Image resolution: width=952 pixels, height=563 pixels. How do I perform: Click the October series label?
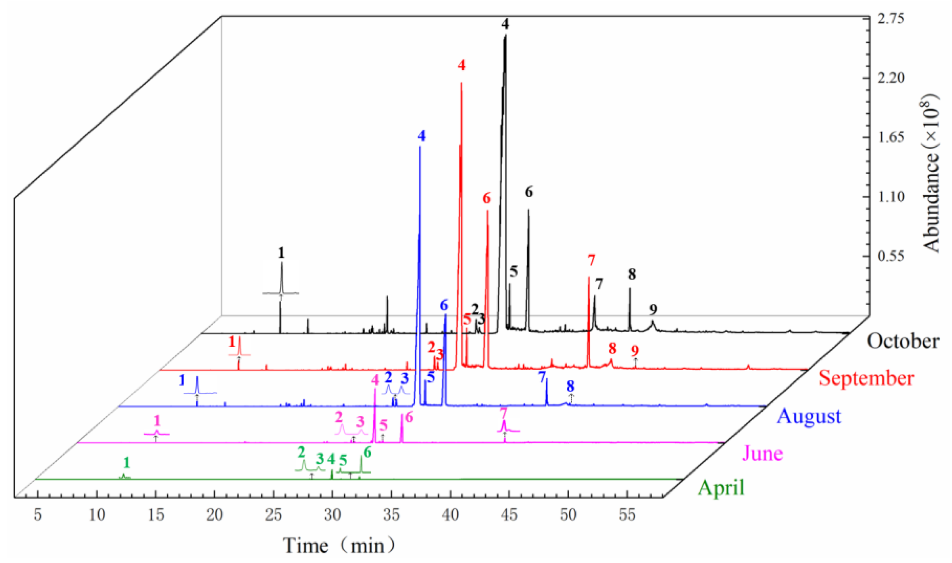902,341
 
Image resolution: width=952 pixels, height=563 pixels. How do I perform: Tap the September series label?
866,378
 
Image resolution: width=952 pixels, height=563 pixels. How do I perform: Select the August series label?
809,416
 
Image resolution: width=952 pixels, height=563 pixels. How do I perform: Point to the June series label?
762,453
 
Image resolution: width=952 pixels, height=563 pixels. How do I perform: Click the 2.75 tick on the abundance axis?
891,18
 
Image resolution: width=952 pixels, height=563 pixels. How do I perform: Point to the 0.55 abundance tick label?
891,256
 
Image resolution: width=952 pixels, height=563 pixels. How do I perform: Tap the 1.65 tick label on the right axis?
891,137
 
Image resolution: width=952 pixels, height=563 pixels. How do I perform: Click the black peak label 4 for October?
505,24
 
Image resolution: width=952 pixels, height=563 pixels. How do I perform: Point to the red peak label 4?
461,65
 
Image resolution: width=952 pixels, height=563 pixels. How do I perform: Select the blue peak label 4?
422,136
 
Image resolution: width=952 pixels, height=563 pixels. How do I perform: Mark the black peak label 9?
653,309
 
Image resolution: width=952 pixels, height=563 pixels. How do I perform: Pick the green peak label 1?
127,463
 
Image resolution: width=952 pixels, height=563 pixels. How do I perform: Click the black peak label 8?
632,274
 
